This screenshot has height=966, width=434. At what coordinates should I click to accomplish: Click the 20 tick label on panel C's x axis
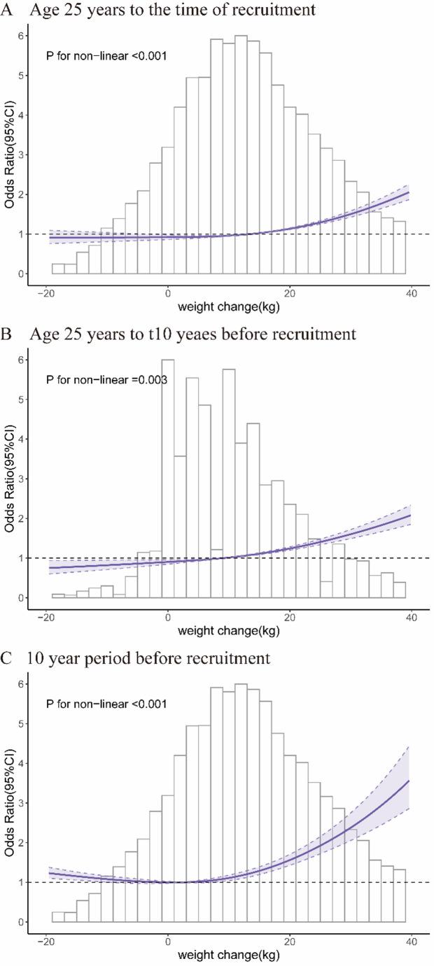point(289,942)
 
